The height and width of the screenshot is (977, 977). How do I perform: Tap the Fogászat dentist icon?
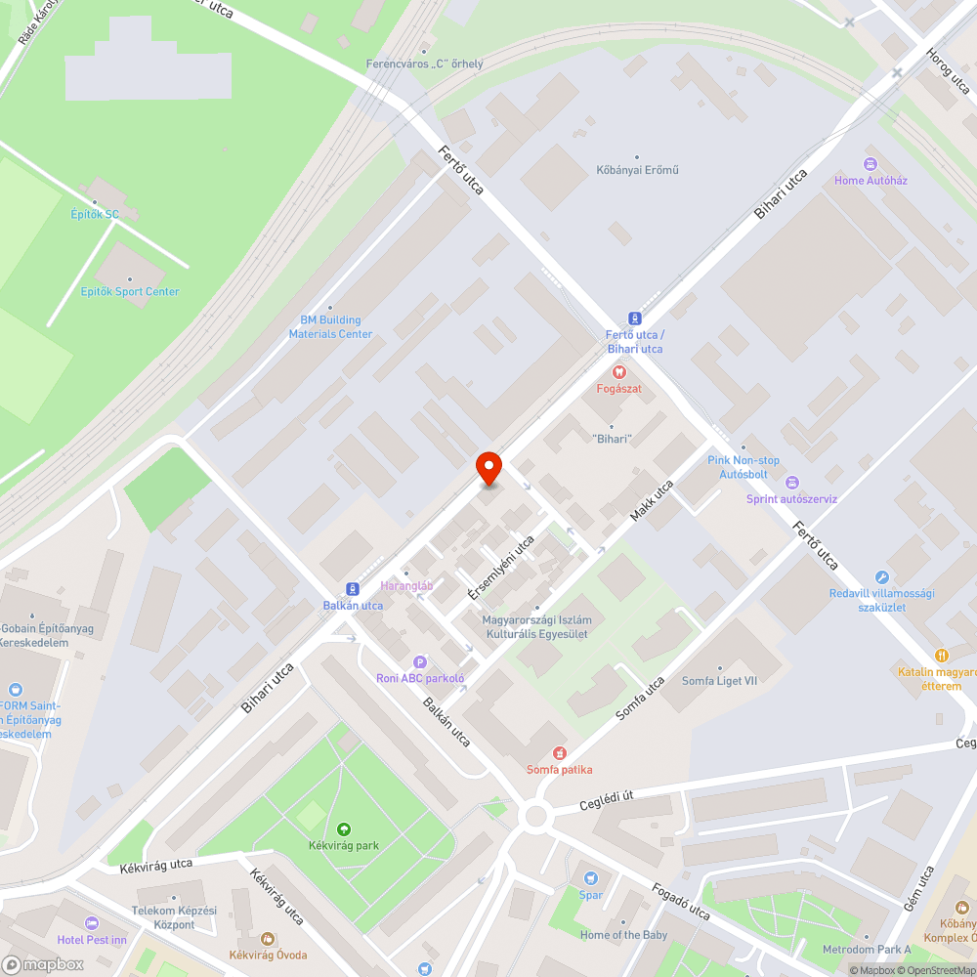(x=617, y=372)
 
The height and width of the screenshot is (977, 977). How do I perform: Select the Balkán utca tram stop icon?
(x=352, y=589)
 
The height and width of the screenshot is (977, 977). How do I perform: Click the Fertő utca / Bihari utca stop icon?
(x=635, y=319)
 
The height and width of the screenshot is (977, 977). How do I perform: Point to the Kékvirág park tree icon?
(x=343, y=829)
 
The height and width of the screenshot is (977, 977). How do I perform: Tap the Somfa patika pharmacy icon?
(x=560, y=753)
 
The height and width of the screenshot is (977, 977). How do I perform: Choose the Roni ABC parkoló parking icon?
(x=420, y=661)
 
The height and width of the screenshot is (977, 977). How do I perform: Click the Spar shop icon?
(x=589, y=877)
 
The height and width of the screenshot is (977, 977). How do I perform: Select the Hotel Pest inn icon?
(x=92, y=923)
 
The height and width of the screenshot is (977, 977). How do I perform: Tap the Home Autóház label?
(x=871, y=180)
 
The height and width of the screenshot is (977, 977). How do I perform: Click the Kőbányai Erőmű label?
(x=637, y=170)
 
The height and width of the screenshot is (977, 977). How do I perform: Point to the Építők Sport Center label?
(x=130, y=291)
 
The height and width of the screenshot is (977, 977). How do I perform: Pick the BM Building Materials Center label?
(x=330, y=326)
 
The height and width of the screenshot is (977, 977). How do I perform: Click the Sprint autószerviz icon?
(x=791, y=483)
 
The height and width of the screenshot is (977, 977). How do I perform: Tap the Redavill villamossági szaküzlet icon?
(x=882, y=577)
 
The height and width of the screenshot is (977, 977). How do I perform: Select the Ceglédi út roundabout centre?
(x=534, y=816)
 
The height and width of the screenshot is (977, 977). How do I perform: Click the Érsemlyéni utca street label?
(x=501, y=568)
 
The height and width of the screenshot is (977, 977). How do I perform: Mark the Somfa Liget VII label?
(x=720, y=680)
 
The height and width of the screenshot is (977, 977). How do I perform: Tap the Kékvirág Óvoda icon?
(x=268, y=938)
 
